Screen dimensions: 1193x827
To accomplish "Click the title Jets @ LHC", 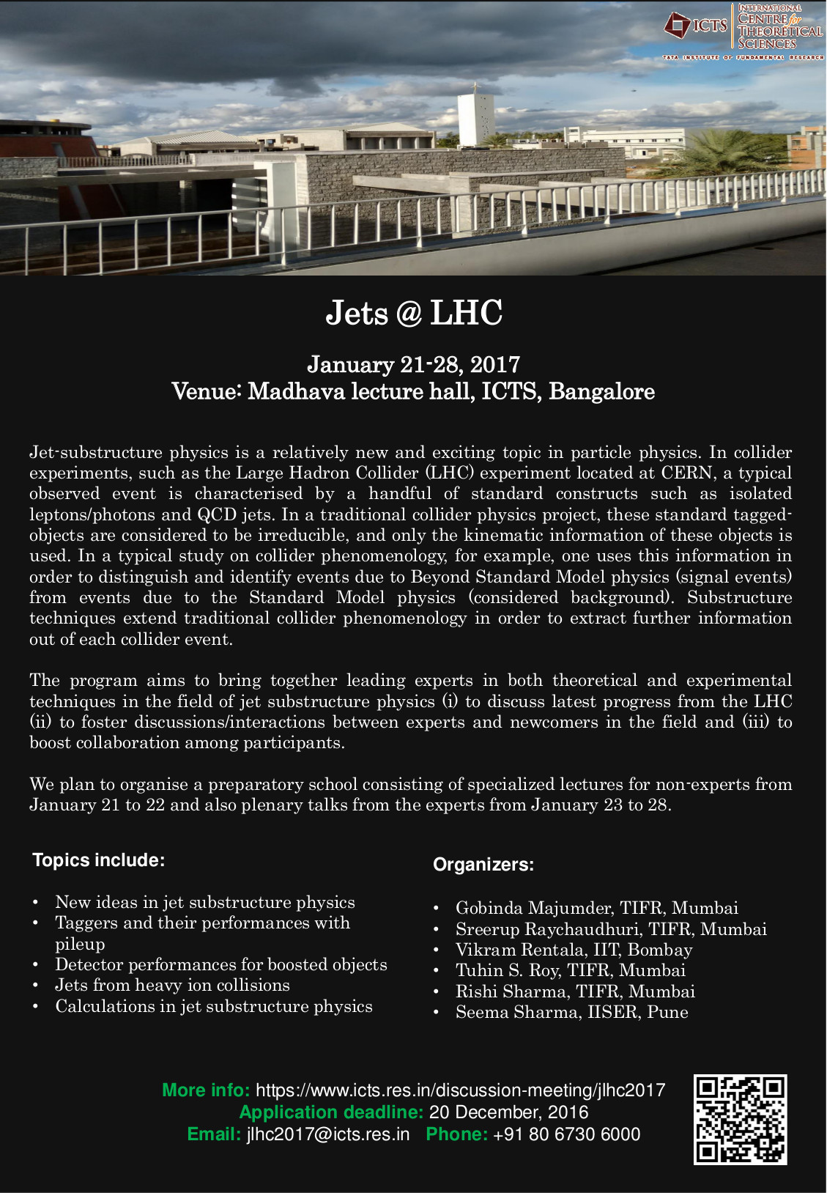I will click(414, 313).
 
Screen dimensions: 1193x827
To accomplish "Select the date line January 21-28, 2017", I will click(414, 364).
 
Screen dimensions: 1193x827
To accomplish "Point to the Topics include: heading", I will click(99, 860).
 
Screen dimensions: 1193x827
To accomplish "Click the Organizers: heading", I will click(483, 865).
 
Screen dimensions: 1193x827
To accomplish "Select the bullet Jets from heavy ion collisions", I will click(172, 985).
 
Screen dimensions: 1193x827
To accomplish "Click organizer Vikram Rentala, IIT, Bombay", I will click(574, 950).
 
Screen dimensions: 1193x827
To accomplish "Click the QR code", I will click(740, 1119).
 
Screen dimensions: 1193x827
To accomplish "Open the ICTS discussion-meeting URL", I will click(460, 1090).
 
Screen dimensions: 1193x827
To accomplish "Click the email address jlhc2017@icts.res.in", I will click(328, 1134).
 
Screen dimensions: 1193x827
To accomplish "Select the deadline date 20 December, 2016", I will click(508, 1112).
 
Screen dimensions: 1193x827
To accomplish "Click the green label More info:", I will click(206, 1090).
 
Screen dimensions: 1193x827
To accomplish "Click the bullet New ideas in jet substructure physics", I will click(205, 902).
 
